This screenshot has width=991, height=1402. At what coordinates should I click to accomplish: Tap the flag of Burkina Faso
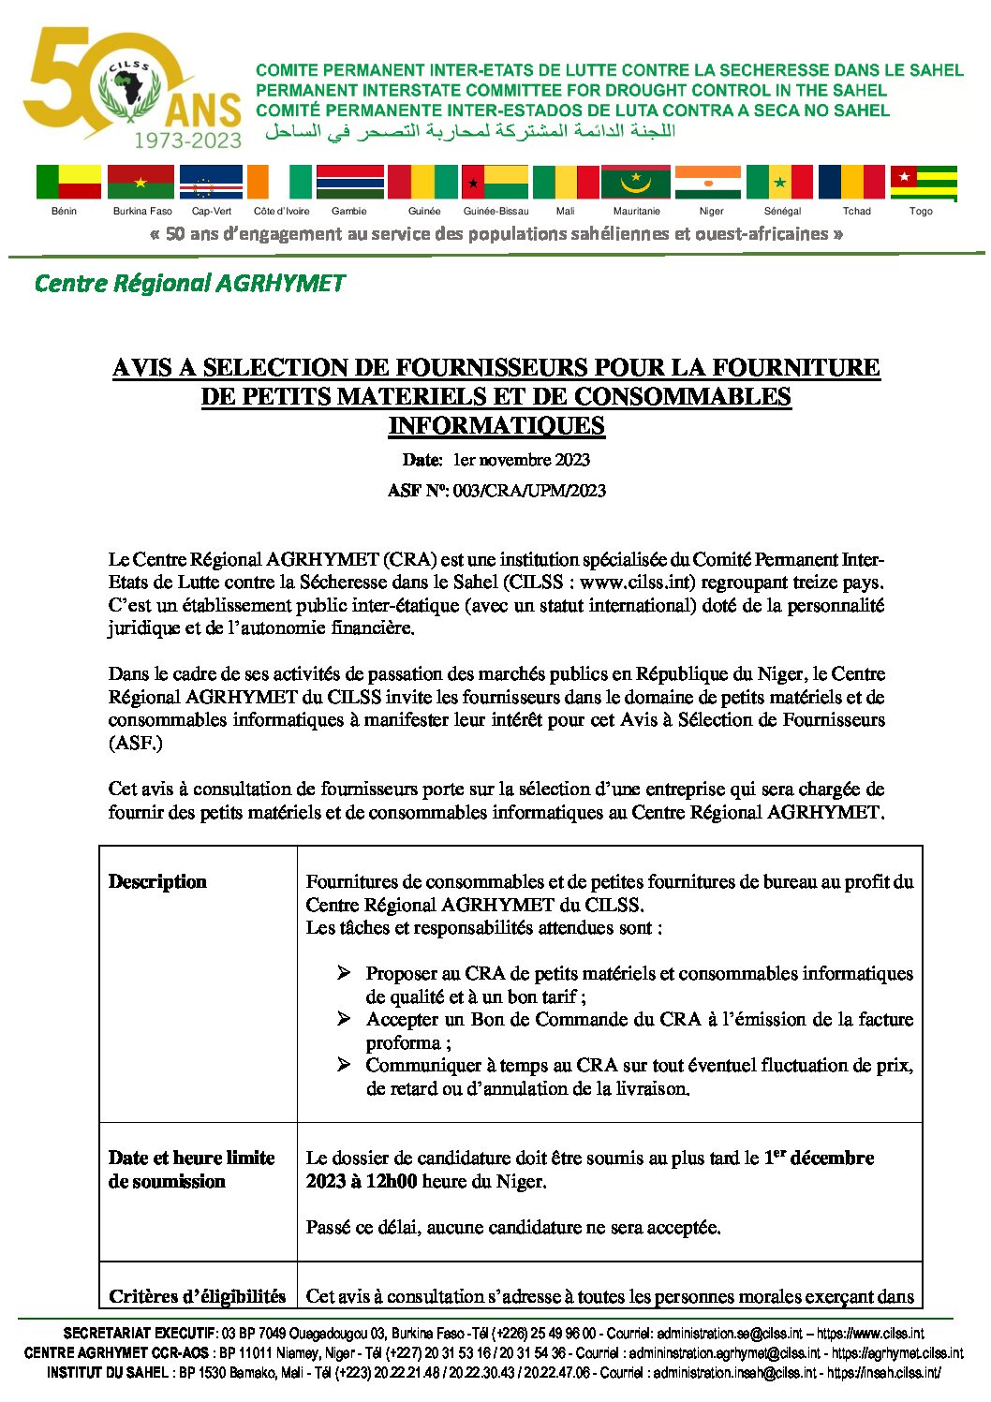pos(141,182)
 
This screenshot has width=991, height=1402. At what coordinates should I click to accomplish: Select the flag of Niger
pos(707,182)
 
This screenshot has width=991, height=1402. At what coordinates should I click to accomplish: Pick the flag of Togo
pos(924,182)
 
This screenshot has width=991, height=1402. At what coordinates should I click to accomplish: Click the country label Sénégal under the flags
pos(782,212)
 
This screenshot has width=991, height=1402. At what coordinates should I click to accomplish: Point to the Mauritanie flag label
pos(637,212)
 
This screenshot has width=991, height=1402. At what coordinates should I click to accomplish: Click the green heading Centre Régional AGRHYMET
pos(189,283)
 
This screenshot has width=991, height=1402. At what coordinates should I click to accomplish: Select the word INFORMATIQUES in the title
pos(496,426)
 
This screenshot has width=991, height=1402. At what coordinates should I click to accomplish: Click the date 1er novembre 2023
pos(522,460)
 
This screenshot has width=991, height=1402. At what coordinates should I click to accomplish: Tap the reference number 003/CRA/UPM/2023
pos(529,491)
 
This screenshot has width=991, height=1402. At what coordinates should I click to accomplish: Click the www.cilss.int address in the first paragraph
pos(637,583)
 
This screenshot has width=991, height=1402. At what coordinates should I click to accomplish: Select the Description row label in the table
pos(157,882)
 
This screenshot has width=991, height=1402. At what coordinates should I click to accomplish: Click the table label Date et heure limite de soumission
pos(191,1170)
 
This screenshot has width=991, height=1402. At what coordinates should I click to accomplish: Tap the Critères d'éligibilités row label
pos(197,1297)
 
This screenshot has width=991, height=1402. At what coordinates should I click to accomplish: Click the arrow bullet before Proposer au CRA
pos(344,974)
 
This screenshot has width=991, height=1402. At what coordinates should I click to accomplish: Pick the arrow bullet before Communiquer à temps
pos(344,1066)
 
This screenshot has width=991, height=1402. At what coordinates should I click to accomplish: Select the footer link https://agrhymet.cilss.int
pos(897,1353)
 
